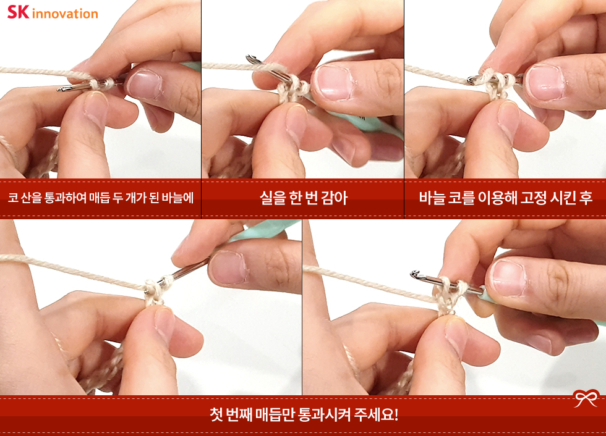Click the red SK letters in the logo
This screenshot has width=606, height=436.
click(x=18, y=12)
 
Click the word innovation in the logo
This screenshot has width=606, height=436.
click(x=65, y=14)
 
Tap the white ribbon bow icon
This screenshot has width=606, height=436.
click(x=586, y=398)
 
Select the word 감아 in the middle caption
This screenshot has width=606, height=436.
click(x=335, y=198)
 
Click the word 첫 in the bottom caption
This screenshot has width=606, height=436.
click(x=216, y=415)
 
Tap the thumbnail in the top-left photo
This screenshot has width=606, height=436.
click(x=144, y=84)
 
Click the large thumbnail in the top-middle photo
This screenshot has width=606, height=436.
click(x=333, y=82)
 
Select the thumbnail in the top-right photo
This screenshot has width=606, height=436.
click(x=545, y=82)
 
